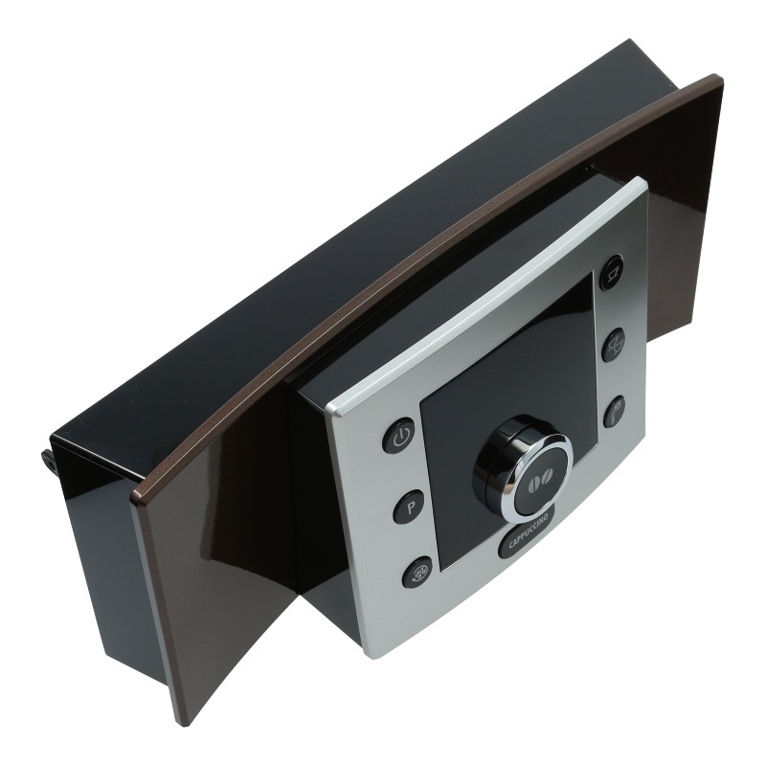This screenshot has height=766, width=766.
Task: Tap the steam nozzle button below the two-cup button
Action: (615, 413)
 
